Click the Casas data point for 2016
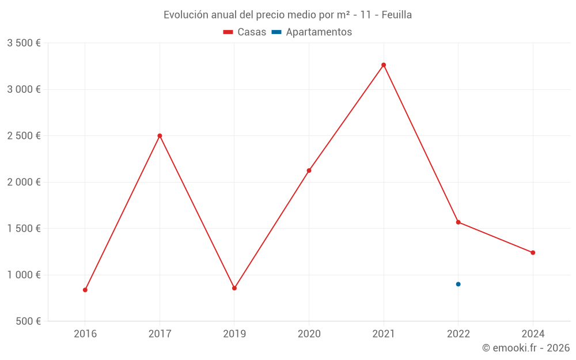click(85, 290)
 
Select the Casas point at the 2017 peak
click(160, 136)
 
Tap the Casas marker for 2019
click(234, 288)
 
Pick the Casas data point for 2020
click(309, 170)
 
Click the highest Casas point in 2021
click(384, 65)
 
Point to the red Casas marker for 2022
click(458, 222)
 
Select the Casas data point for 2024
click(533, 252)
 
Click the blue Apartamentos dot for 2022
click(458, 284)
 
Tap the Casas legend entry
click(245, 32)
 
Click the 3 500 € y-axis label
click(24, 43)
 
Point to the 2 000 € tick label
click(24, 182)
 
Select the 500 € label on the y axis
click(28, 321)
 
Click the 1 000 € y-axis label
click(24, 275)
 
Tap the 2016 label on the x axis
click(85, 334)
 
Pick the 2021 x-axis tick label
click(384, 334)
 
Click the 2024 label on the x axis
click(533, 334)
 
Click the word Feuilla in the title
click(397, 15)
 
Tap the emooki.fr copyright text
click(526, 348)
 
